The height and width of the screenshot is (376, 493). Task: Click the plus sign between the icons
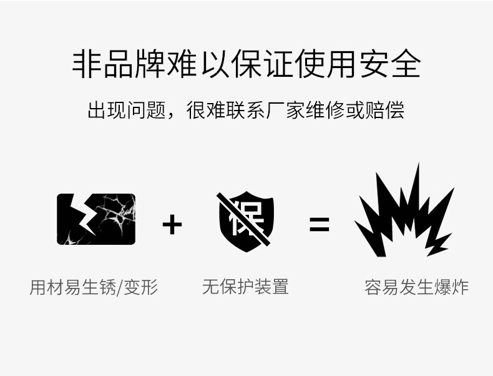172,224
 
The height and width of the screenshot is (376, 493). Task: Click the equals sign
319,224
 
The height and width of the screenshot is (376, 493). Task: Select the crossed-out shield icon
245,220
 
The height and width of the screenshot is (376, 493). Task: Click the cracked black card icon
96,219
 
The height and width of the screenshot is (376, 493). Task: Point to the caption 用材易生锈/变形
94,287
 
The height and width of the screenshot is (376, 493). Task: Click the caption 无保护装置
245,287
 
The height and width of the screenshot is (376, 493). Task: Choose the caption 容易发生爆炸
416,287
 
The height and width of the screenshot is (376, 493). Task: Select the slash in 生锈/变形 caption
120,287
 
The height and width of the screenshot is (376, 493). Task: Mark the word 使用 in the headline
325,64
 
